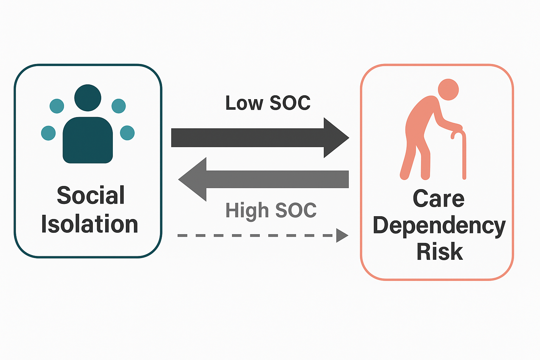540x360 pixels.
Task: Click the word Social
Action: [x=91, y=195]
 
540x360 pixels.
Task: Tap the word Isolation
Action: [x=90, y=224]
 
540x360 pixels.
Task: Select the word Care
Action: [x=438, y=199]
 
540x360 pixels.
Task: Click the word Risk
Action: [x=439, y=251]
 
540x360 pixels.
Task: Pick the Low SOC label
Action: [x=268, y=103]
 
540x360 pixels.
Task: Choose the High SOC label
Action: [x=271, y=210]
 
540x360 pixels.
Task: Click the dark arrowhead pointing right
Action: [x=336, y=137]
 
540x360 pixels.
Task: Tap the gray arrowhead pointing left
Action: [x=193, y=179]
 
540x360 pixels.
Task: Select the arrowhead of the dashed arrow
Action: [x=341, y=235]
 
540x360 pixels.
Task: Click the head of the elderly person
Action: [x=448, y=89]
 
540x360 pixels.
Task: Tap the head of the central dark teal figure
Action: [x=88, y=98]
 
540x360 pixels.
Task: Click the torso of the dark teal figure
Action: [x=88, y=141]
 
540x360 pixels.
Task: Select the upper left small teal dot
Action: [x=57, y=106]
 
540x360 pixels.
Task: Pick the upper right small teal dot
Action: [x=118, y=106]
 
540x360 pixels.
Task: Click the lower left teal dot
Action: [x=49, y=133]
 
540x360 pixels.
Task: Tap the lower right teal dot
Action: [x=127, y=133]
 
